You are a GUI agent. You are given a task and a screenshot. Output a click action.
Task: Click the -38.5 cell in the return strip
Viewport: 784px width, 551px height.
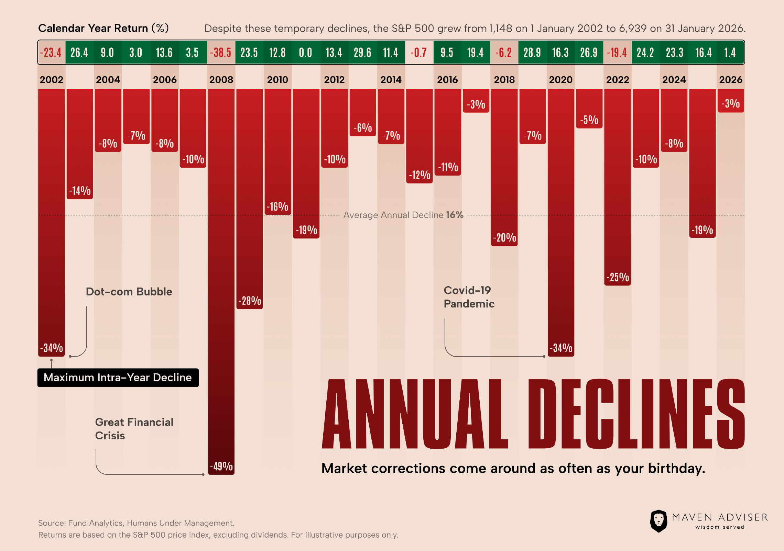click(x=221, y=53)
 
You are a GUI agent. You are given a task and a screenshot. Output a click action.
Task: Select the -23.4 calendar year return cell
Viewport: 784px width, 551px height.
click(x=51, y=53)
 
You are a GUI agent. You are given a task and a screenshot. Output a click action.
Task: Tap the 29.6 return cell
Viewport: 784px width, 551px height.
click(x=362, y=53)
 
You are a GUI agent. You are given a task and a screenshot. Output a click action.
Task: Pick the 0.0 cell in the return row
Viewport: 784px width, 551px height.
click(x=305, y=53)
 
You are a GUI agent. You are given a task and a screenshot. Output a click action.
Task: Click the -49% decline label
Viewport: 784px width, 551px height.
click(x=221, y=466)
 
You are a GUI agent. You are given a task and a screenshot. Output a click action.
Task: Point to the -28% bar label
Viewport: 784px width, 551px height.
click(x=250, y=301)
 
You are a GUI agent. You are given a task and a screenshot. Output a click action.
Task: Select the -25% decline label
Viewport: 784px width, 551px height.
click(x=618, y=277)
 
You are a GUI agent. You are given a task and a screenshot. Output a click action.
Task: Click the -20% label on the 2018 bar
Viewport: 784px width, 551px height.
click(x=504, y=237)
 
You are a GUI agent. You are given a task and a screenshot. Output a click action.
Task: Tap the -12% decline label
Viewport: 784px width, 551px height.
click(x=420, y=175)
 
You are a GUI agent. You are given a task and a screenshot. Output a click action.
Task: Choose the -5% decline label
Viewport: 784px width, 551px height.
click(x=589, y=120)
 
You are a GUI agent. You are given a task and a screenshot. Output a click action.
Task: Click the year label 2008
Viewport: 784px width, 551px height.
click(x=221, y=80)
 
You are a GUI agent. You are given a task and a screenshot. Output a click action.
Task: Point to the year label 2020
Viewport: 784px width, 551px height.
click(x=560, y=80)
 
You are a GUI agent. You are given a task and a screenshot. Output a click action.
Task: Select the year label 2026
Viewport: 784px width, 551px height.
click(x=731, y=80)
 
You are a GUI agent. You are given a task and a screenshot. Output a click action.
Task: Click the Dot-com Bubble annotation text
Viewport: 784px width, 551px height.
click(x=129, y=292)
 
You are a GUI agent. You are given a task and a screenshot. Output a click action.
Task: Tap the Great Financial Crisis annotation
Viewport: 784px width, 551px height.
click(x=134, y=429)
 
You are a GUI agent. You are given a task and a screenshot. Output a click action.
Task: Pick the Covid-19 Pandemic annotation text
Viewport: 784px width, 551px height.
click(x=469, y=297)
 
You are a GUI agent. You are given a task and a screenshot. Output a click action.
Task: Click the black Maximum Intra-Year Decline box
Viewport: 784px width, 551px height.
click(x=118, y=378)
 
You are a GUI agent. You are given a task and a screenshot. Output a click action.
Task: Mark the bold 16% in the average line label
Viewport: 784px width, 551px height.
click(x=455, y=215)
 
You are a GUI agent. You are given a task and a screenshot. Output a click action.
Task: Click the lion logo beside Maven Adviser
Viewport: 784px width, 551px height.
click(x=658, y=521)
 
